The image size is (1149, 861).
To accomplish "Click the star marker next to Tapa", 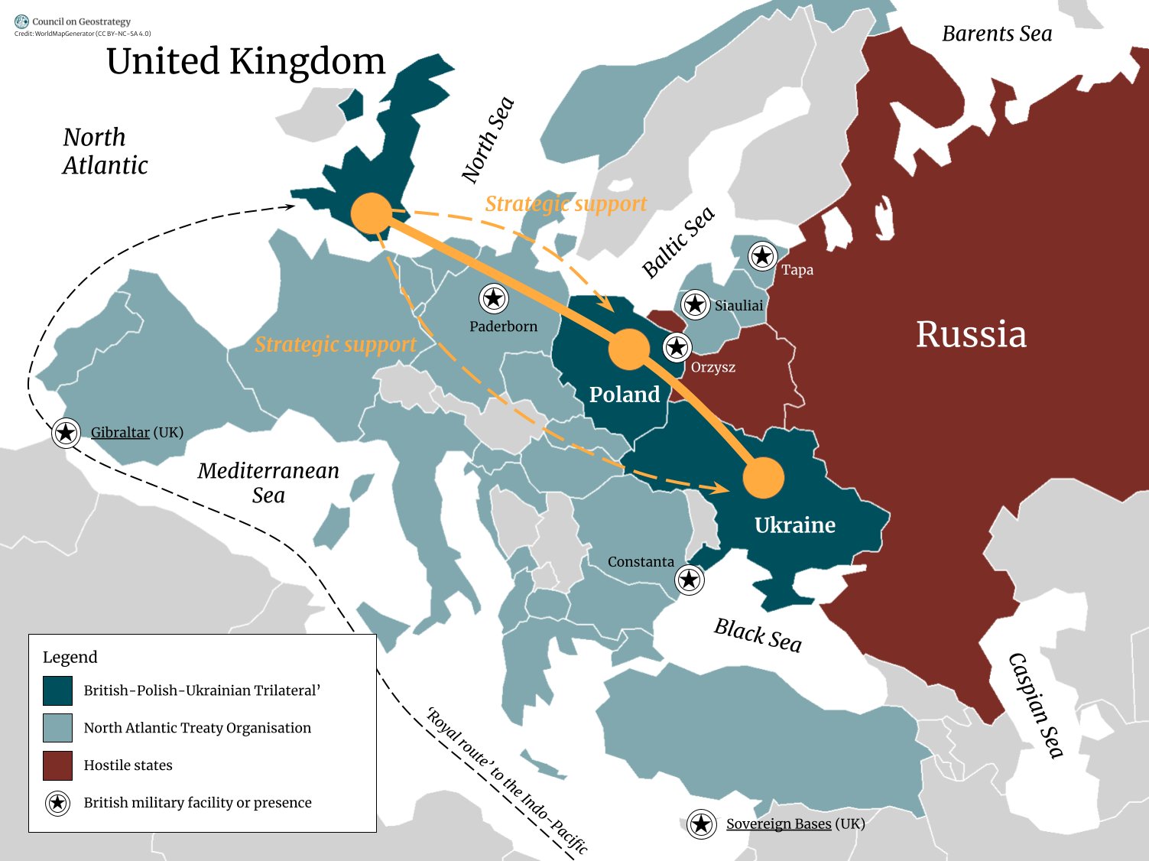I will pos(762,256).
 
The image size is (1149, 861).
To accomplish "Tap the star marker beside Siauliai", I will pos(695,305).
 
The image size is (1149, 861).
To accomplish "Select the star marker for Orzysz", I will pos(677,348).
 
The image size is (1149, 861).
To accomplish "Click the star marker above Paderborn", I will pos(494,298).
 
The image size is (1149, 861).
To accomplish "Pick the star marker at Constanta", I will pos(690,580).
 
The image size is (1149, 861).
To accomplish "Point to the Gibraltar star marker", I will pos(67,433).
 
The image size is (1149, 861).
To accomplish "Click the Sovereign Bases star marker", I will pos(701,824).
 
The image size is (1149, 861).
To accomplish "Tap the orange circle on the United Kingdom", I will pos(371,213).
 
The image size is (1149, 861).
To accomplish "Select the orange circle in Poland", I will pos(628,350).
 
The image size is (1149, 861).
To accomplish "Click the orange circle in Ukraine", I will pos(763,478).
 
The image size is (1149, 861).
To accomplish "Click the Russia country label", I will pos(971,334).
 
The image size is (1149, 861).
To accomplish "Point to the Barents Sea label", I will pos(996,34).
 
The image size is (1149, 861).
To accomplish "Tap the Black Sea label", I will pos(758,635).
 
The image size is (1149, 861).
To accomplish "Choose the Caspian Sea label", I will pos(1036,705).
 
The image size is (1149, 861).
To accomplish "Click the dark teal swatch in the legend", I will pos(58,690).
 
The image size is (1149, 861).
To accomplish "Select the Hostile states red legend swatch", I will pos(58,765).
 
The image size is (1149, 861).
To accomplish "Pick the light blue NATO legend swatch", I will pos(58,728).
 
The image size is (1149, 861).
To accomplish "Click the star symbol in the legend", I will pos(57,803).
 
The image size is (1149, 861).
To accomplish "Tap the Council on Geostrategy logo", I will pos(21,22).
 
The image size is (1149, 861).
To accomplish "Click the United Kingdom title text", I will pos(245,61).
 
